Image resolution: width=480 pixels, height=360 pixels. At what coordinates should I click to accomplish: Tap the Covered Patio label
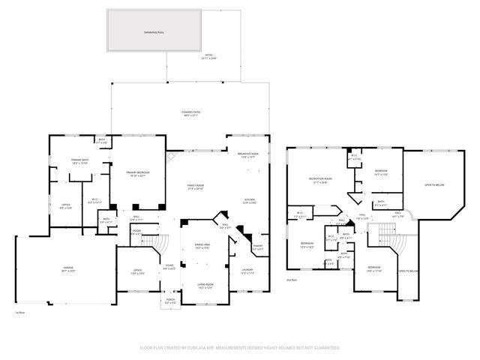click(x=189, y=113)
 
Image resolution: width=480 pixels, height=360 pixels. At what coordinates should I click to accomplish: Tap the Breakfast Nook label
click(x=248, y=155)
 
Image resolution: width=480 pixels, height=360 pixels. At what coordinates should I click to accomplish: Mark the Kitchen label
click(x=250, y=200)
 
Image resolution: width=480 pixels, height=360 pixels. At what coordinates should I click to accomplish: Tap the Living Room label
click(x=205, y=284)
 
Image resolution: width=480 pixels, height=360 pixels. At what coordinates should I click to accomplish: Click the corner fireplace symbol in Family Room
click(x=169, y=158)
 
